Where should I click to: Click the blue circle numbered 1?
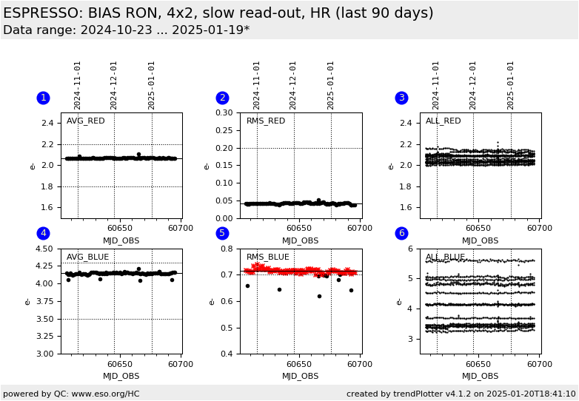43,98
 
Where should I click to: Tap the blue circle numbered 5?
222,233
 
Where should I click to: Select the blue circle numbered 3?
402,98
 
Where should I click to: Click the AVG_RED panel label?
86,121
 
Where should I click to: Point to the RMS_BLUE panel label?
268,257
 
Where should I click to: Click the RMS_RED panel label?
266,121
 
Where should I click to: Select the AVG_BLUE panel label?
87,257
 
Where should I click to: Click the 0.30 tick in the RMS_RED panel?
224,112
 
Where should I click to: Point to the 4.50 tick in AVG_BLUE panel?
44,249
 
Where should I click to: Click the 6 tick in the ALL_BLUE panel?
410,249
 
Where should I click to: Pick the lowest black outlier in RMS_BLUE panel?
319,296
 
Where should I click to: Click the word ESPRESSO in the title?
41,13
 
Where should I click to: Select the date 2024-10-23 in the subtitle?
116,30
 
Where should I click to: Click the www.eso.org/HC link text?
106,394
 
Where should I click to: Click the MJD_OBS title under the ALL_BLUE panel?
480,376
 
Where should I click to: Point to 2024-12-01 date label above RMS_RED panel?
292,86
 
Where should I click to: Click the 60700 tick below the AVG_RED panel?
181,229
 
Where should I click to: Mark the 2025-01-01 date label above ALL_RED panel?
510,86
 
